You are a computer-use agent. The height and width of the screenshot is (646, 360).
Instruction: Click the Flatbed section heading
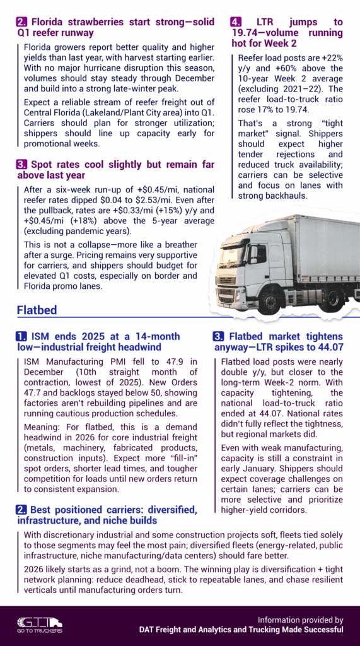[37, 310]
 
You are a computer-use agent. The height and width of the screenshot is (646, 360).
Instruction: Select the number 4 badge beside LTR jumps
[234, 21]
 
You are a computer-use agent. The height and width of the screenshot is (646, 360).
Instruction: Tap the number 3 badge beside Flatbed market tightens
[218, 336]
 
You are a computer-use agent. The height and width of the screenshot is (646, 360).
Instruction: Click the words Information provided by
[301, 620]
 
